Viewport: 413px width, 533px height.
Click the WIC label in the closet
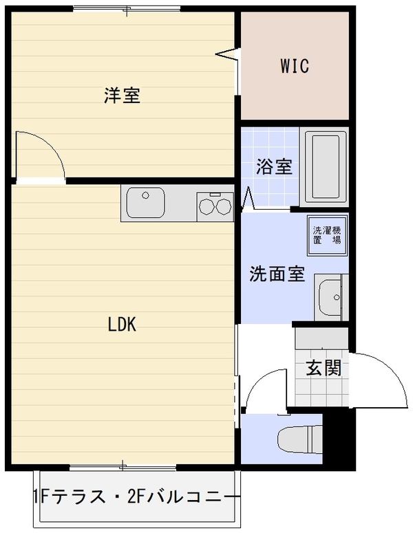295,66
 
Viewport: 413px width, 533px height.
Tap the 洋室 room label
122,95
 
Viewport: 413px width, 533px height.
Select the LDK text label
122,324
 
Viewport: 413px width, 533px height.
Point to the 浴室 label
274,166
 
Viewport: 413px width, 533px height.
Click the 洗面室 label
277,274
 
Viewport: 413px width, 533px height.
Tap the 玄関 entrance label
324,367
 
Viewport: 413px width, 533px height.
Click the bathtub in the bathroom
326,167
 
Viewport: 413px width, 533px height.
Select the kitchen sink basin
146,203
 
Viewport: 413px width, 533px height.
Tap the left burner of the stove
206,206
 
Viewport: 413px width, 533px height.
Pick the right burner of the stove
224,206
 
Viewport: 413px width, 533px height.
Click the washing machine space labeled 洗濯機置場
327,235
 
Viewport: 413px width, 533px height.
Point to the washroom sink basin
330,296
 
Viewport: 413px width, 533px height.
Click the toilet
299,439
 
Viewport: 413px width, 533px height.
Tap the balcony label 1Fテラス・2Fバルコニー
137,497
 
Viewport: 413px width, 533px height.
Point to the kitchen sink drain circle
146,195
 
